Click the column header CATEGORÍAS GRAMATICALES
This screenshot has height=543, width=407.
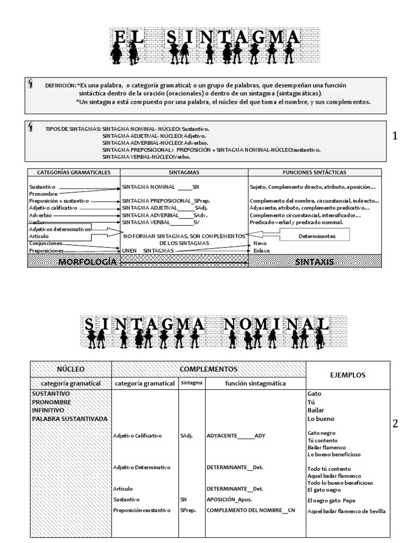(x=74, y=172)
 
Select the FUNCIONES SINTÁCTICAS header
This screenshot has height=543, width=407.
(x=314, y=172)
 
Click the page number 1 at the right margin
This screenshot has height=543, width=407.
(x=394, y=136)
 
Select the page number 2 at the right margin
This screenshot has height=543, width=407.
(x=394, y=424)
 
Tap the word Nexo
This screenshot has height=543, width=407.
(x=260, y=243)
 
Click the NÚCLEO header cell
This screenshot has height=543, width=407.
(x=70, y=369)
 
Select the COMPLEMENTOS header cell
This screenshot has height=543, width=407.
(x=208, y=369)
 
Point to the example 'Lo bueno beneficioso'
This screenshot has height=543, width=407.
(x=333, y=455)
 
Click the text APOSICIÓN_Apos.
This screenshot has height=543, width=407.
(x=229, y=500)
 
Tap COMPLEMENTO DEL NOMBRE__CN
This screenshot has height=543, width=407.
(x=250, y=510)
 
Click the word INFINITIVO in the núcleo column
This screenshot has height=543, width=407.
(x=48, y=410)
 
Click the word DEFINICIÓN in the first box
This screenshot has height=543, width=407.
(x=60, y=85)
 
